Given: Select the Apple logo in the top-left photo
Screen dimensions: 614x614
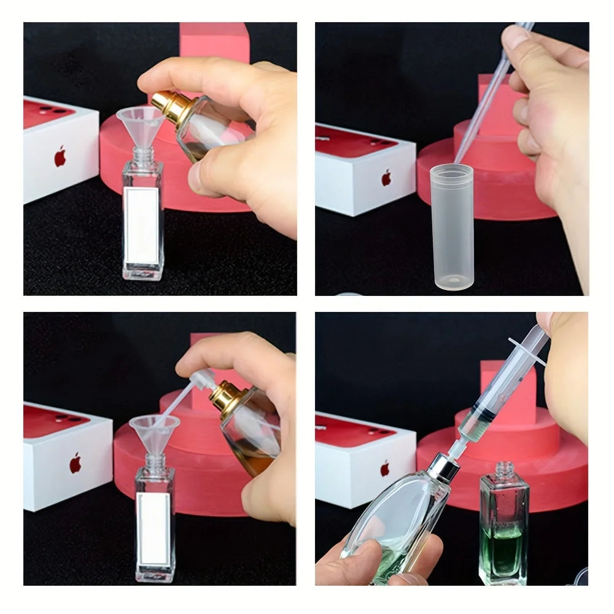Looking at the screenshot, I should coord(60,156).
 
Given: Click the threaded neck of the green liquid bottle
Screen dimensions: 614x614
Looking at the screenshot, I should coord(504,472).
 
